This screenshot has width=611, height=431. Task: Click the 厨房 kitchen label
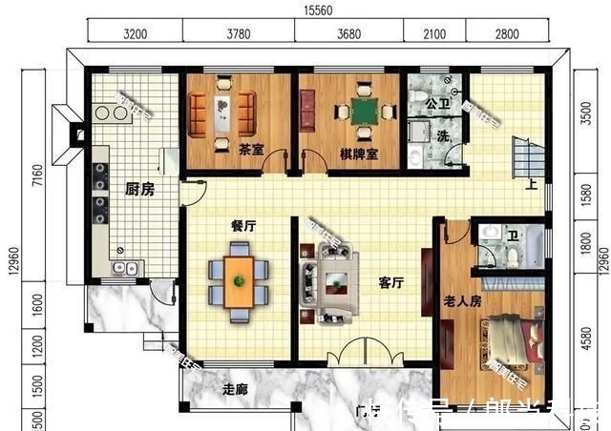[x=139, y=190]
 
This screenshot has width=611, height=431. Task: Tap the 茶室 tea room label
[x=251, y=150]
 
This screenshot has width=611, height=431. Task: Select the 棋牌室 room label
[x=358, y=154]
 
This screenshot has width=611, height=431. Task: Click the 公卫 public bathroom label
[x=437, y=102]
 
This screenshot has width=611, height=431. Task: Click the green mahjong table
[x=362, y=112]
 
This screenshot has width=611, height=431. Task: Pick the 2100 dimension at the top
[x=433, y=35]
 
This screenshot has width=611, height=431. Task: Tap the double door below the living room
[x=364, y=355]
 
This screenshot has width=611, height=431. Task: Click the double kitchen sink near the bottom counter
[x=126, y=268]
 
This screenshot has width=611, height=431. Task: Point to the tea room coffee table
[x=221, y=111]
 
